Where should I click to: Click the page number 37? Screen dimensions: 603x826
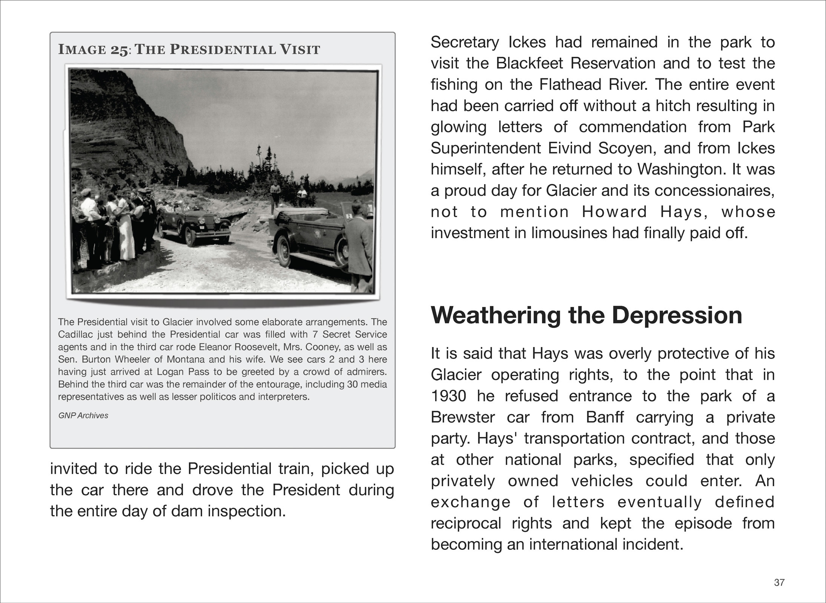click(779, 583)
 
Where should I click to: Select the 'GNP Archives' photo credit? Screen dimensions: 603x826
click(83, 415)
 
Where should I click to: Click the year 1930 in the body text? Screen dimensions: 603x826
click(448, 396)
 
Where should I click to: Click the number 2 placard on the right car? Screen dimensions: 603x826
click(349, 216)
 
